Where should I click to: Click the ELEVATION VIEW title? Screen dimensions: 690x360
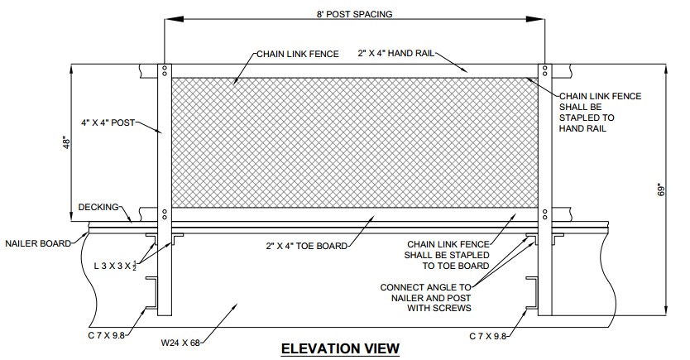tap(340, 348)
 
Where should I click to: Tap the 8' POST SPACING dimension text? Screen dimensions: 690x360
tap(354, 14)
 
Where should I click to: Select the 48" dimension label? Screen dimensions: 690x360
tap(67, 143)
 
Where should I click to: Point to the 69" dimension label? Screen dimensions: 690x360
tap(661, 190)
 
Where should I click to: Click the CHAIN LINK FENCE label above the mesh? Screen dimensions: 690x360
tap(298, 54)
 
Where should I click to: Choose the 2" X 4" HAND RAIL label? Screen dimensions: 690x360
tap(395, 53)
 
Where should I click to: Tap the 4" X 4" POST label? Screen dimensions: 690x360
tap(108, 122)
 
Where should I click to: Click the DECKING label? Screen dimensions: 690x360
tap(98, 207)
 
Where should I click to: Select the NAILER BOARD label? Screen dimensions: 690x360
tap(38, 243)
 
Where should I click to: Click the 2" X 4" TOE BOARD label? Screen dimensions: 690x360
tap(307, 246)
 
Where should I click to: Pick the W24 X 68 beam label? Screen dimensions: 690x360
tap(180, 343)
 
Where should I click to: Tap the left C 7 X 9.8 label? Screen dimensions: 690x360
tap(107, 335)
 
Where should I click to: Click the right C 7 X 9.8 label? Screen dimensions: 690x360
tap(488, 337)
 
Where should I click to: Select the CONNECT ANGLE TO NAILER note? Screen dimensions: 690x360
tap(426, 298)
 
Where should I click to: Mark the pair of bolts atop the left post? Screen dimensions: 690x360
tap(164, 71)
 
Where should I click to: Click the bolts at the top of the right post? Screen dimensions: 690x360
tap(544, 71)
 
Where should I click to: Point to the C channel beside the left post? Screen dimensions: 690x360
tap(152, 293)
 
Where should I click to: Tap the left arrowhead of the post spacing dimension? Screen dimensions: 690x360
tap(174, 19)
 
